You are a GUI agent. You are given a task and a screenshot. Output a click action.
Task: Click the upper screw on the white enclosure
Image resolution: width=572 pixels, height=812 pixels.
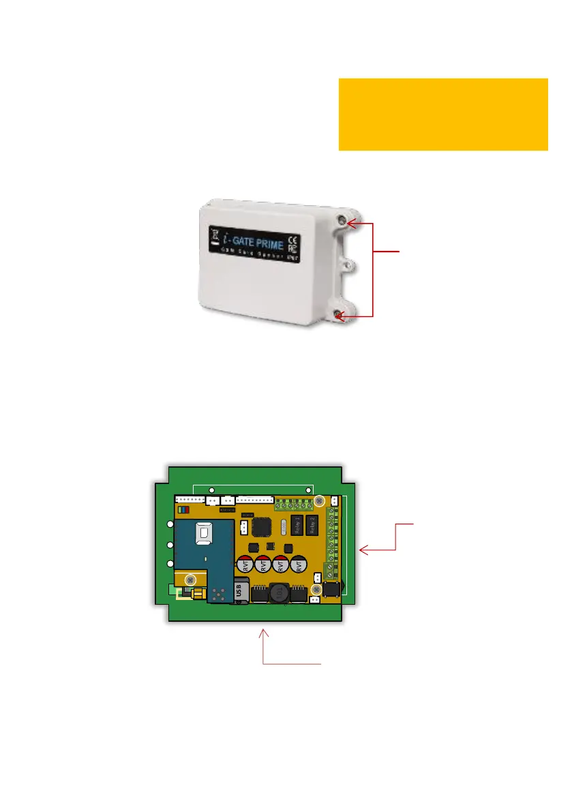tap(341, 220)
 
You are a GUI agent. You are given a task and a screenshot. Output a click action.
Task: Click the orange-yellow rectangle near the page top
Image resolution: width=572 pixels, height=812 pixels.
tap(443, 114)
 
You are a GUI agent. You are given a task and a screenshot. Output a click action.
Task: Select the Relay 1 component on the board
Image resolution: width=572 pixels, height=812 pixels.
tap(297, 525)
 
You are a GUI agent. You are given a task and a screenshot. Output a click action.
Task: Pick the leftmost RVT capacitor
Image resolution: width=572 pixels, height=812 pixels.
tap(245, 565)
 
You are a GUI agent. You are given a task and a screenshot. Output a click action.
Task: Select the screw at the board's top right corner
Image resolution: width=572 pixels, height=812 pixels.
tap(318, 501)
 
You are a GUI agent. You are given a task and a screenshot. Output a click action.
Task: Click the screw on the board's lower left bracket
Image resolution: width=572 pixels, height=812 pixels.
tap(190, 580)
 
